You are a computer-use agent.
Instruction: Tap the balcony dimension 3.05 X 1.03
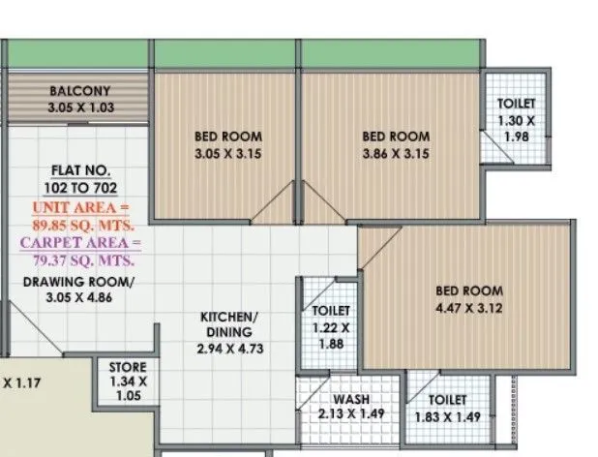pyautogui.click(x=81, y=107)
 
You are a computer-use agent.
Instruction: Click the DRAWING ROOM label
pyautogui.click(x=79, y=282)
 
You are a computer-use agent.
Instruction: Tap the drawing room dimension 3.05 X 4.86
pyautogui.click(x=79, y=297)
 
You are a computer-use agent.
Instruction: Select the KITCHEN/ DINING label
pyautogui.click(x=229, y=325)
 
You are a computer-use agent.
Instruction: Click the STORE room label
pyautogui.click(x=129, y=368)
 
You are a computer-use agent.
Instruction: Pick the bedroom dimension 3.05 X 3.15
pyautogui.click(x=228, y=153)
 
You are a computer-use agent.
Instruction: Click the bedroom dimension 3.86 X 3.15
pyautogui.click(x=396, y=153)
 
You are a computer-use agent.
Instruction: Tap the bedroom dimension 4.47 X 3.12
pyautogui.click(x=469, y=307)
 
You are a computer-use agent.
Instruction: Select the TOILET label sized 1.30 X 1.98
pyautogui.click(x=516, y=104)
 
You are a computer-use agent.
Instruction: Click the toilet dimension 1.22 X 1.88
pyautogui.click(x=331, y=335)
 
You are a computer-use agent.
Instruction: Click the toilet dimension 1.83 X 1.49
pyautogui.click(x=447, y=415)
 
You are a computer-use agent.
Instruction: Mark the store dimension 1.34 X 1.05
pyautogui.click(x=129, y=389)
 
